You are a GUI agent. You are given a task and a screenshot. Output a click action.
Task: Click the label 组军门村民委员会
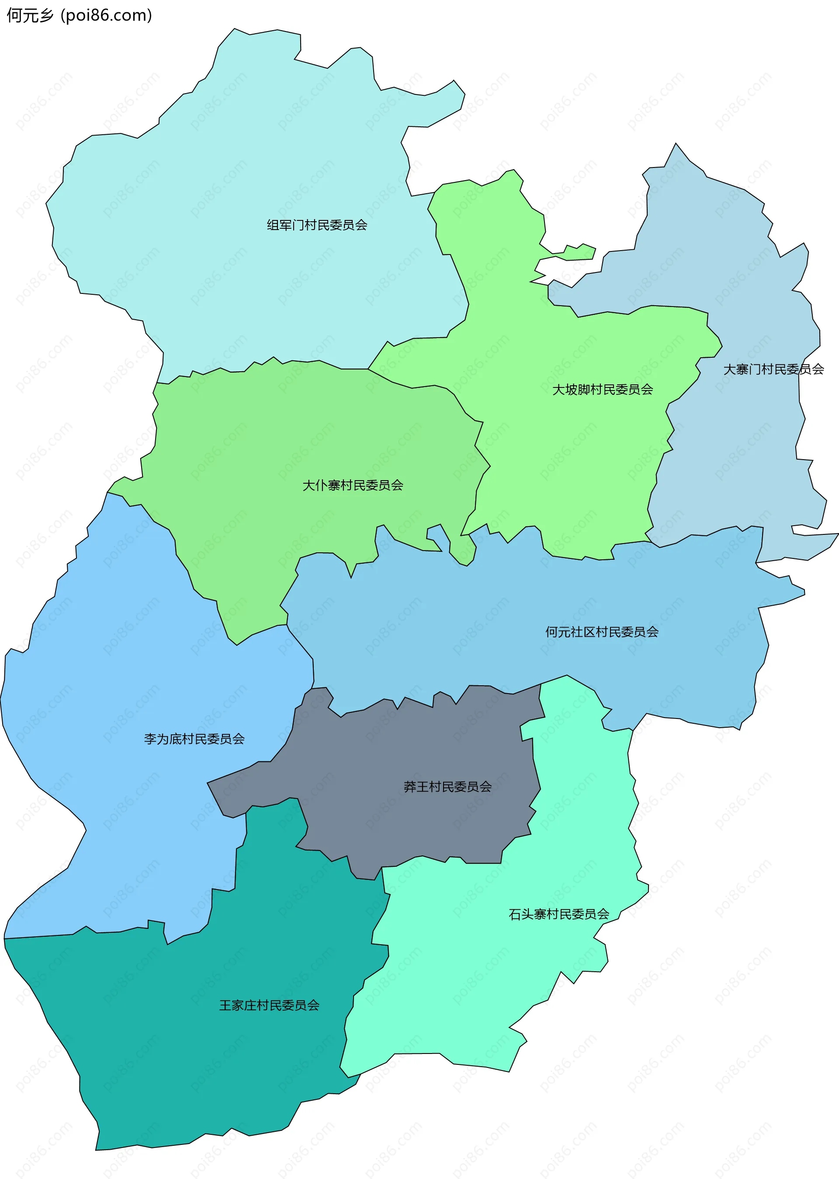point(317,225)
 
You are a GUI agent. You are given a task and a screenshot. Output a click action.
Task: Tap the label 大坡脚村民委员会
point(603,389)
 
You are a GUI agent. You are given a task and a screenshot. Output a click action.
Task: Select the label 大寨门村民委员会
point(773,369)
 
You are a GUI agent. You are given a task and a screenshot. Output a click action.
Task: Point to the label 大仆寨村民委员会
point(352,485)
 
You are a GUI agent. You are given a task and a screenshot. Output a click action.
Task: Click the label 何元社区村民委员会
point(602,631)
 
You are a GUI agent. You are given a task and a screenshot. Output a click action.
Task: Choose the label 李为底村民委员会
point(194,739)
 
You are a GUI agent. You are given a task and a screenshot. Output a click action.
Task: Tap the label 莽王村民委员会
point(447,787)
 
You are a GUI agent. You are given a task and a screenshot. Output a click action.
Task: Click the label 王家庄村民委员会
point(269,1005)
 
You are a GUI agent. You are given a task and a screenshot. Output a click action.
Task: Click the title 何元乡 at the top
point(30,15)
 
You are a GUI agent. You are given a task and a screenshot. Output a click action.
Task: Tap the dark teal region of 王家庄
point(207,1060)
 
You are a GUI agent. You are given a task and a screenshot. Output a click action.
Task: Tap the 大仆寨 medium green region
point(284,440)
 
